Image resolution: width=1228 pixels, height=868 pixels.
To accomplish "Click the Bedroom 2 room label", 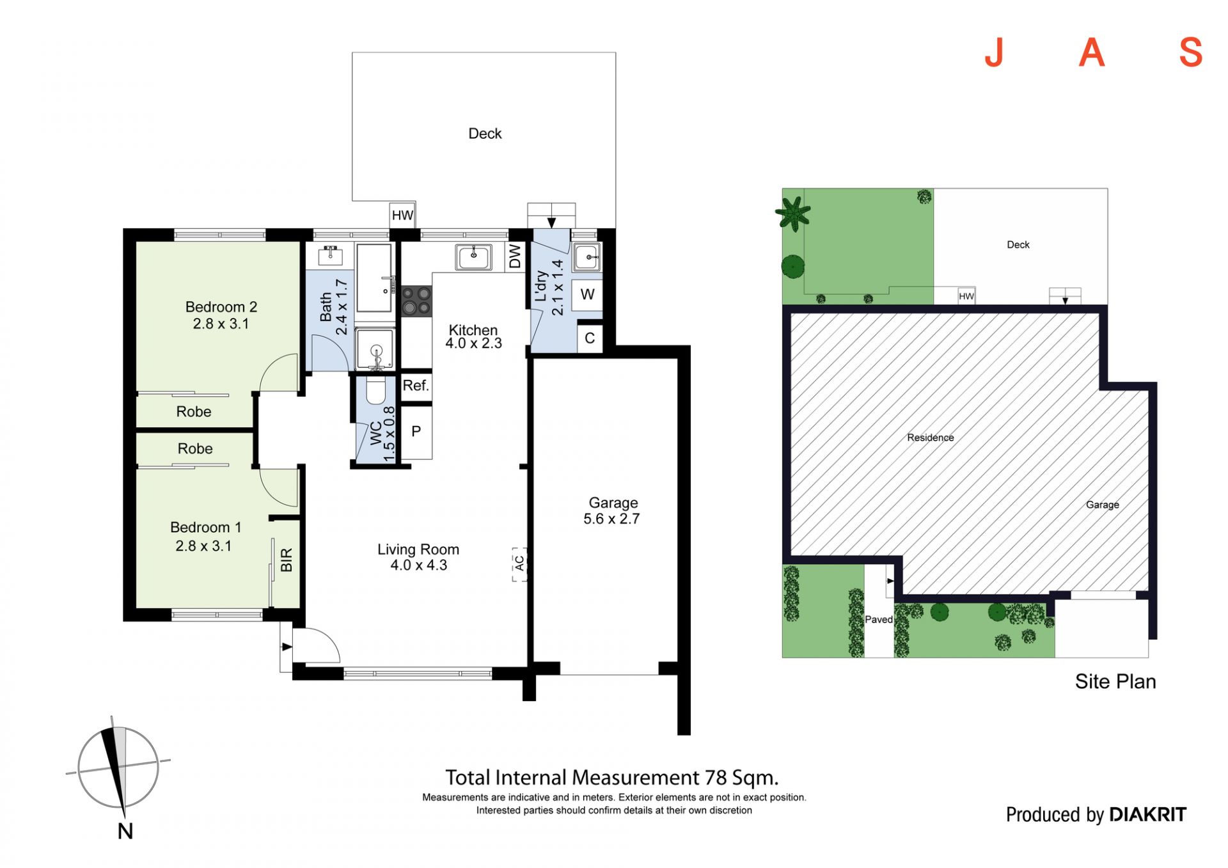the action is coord(221,307).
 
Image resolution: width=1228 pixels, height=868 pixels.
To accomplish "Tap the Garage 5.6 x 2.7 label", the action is coord(612,511).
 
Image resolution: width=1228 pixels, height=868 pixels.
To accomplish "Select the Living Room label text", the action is coord(418,549).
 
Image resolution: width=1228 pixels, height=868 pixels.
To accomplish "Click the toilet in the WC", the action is coord(375,390).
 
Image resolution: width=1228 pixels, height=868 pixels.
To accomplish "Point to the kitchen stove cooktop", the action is coord(416,301).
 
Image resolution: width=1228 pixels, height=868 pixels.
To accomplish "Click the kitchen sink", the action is coord(474,257).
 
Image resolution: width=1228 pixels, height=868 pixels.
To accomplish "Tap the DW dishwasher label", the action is coord(515,256).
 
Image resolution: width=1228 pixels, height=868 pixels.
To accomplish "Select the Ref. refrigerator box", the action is coord(416,386).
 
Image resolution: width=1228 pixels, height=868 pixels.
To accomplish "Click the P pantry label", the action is coord(416,431).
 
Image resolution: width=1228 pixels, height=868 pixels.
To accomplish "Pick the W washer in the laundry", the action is coord(587,295).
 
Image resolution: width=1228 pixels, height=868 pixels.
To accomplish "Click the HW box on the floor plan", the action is coord(402,215).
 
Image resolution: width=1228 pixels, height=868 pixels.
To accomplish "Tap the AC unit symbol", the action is coord(519,564).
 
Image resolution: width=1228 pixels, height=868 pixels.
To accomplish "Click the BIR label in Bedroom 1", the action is coord(287,560).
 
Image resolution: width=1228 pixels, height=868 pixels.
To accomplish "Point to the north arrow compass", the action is coord(119,768).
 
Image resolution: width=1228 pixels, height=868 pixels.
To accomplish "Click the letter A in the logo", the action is coord(1092,52).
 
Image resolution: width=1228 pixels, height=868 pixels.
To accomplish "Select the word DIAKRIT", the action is coord(1147,814).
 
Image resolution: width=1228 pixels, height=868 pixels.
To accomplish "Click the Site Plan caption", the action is coord(1115,681).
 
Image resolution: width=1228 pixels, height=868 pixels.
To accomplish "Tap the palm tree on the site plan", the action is coord(793,213).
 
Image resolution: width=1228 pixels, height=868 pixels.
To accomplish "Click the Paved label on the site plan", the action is coord(879,619).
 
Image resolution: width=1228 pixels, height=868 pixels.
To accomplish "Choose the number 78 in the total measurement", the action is coord(716,778).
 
